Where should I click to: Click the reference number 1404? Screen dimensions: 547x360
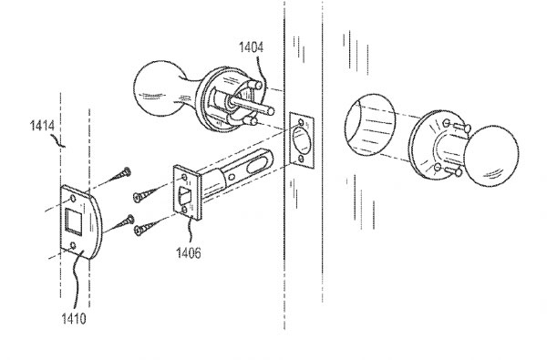[x=252, y=47]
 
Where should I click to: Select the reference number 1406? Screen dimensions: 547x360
[x=189, y=252]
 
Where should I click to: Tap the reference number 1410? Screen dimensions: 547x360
[x=74, y=318]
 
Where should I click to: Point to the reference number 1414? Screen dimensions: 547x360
[x=42, y=126]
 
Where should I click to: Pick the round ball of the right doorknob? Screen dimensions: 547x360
[x=491, y=155]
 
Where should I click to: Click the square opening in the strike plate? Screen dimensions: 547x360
[x=74, y=221]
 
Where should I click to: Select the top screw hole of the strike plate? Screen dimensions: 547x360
[x=73, y=199]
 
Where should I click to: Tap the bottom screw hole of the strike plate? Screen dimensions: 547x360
[x=73, y=246]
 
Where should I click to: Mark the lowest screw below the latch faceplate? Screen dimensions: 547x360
[x=147, y=227]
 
